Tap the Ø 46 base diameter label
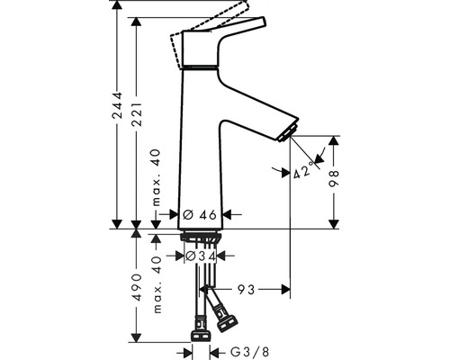pos(199,215)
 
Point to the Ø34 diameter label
pos(199,256)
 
